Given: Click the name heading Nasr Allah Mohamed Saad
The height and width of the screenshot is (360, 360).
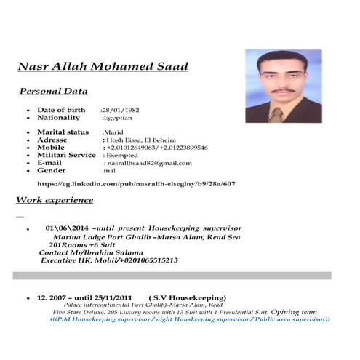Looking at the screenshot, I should click(x=103, y=67).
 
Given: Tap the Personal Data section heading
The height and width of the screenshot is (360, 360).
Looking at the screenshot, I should click(x=53, y=92).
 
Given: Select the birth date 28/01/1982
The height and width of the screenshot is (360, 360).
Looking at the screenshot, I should click(x=120, y=109).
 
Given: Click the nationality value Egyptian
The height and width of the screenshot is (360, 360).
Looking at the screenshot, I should click(x=119, y=117).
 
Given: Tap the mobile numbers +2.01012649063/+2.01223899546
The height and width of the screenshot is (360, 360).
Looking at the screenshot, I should click(x=156, y=148).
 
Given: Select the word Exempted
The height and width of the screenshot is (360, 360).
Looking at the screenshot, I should click(x=122, y=155).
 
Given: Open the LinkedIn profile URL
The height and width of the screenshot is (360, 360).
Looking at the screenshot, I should click(x=136, y=184).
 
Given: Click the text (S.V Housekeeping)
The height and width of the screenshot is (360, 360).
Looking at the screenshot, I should click(x=187, y=297).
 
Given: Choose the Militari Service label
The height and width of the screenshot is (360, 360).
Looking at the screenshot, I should click(x=66, y=155).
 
